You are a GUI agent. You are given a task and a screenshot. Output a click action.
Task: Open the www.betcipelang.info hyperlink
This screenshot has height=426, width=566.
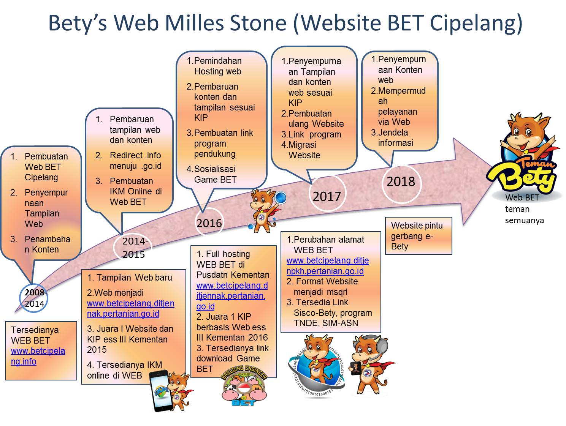(x=38, y=356)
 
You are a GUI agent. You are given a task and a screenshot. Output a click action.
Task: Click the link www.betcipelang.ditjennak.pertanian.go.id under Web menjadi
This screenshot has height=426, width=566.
(x=130, y=308)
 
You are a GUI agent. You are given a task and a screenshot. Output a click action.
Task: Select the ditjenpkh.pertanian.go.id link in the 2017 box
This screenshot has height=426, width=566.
(x=328, y=265)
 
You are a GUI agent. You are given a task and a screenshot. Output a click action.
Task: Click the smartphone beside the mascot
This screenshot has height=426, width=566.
(x=162, y=390)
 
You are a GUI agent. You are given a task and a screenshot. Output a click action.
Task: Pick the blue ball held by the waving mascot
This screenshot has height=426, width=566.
(x=280, y=198)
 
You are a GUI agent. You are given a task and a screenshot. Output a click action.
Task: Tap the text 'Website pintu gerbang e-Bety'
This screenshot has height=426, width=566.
(x=417, y=236)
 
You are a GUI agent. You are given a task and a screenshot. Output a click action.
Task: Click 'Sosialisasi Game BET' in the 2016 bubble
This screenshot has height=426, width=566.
(x=215, y=174)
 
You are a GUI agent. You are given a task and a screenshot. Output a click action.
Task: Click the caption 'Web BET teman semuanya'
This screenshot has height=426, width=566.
(x=524, y=208)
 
